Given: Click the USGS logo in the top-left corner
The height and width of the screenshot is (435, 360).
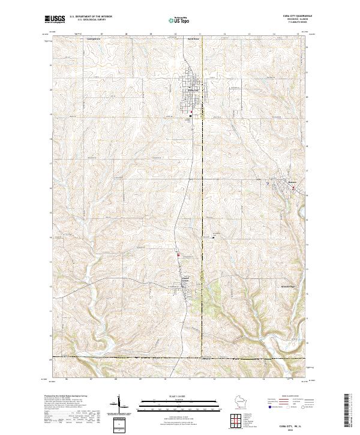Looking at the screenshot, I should click(x=55, y=19).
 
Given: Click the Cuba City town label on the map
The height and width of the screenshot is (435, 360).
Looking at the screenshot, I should click(x=190, y=91).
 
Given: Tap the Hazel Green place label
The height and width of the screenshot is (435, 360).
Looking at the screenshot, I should click(x=187, y=280).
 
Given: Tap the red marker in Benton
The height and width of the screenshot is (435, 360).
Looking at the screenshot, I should click(x=293, y=188).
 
